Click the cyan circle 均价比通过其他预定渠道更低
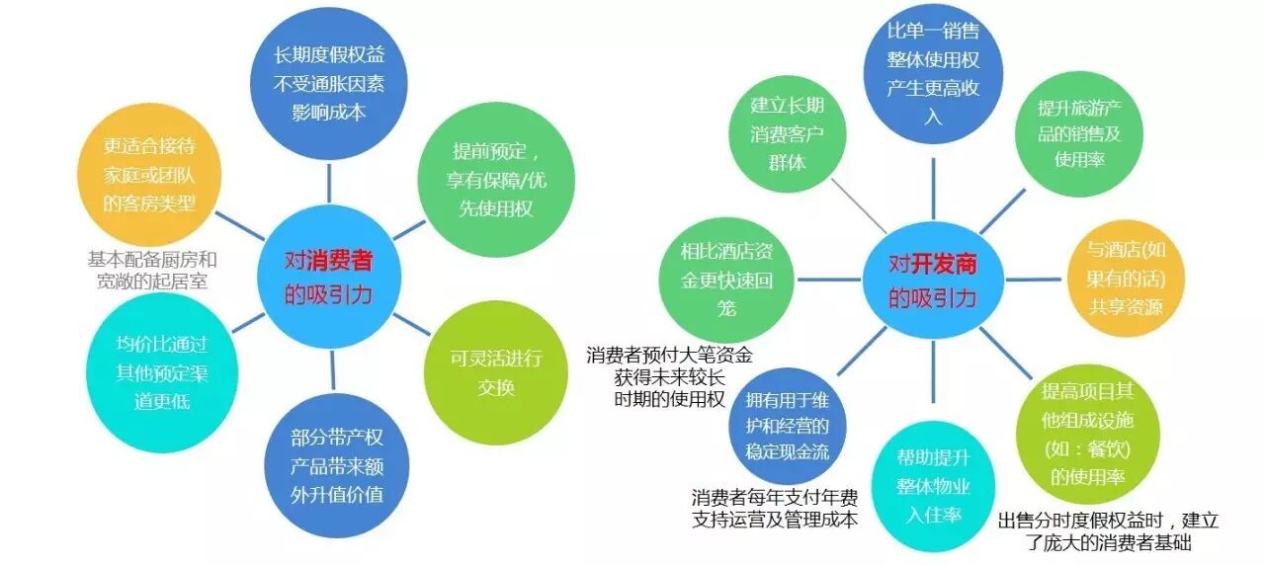pyautogui.click(x=163, y=373)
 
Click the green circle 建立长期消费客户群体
pyautogui.click(x=788, y=135)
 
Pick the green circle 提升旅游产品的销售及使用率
pyautogui.click(x=1078, y=133)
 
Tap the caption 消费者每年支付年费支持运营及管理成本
pyautogui.click(x=775, y=508)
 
